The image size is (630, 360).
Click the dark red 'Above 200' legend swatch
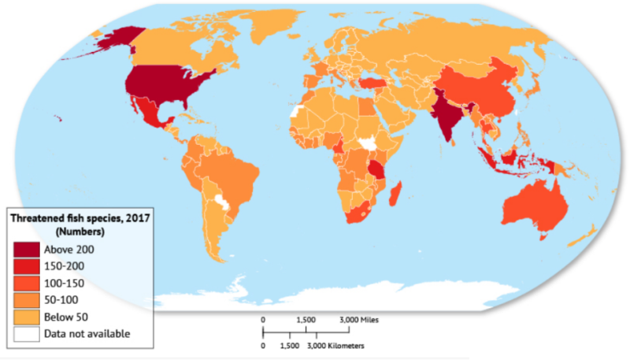26,249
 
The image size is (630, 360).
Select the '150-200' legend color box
26,266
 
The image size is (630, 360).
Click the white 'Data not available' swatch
26,334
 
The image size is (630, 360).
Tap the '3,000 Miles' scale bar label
359,321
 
